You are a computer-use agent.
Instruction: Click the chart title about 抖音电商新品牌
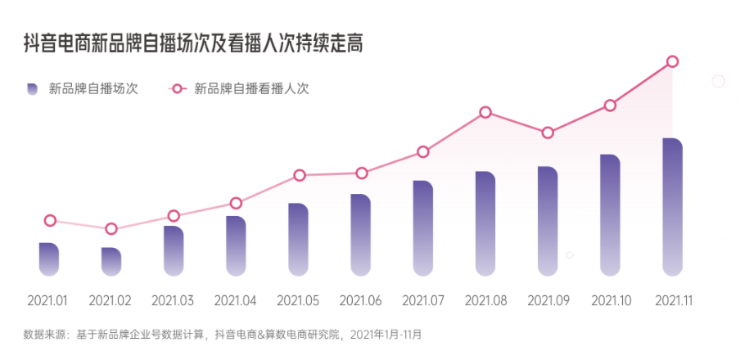192,43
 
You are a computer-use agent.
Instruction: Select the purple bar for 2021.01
49,259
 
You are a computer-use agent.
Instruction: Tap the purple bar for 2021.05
299,239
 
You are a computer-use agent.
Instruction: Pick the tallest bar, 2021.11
672,207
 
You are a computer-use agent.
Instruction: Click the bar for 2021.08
485,223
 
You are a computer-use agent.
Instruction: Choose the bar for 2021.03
174,250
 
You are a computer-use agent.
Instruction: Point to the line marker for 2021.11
672,61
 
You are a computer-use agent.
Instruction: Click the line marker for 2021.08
485,112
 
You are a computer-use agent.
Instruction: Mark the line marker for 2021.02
111,229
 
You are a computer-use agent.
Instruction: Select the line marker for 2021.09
548,133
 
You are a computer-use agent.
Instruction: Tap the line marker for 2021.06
361,173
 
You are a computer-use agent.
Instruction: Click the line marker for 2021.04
236,203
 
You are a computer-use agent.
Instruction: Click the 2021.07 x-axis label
423,301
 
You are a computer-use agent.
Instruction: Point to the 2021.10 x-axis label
610,301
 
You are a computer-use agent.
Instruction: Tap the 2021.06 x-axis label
361,301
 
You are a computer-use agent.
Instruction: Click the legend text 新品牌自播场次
93,89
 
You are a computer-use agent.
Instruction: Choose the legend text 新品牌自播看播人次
251,89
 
